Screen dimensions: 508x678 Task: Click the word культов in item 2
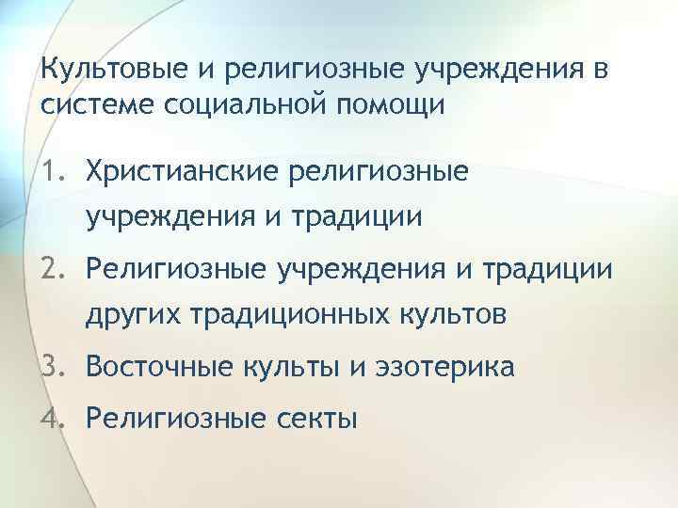[x=450, y=316]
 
